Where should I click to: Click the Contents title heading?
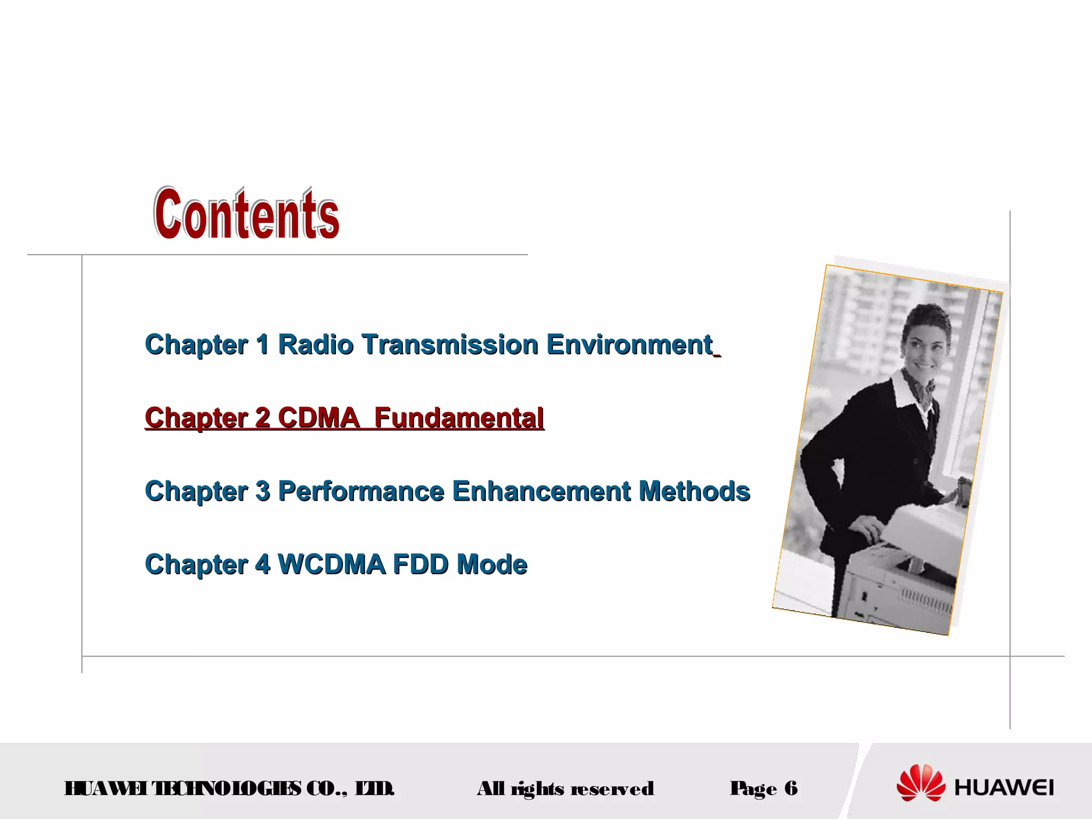[x=246, y=213]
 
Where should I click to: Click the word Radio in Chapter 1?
[x=316, y=344]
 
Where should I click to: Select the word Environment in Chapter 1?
[x=629, y=344]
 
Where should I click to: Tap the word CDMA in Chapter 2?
[x=318, y=417]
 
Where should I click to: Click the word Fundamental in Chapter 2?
[x=459, y=417]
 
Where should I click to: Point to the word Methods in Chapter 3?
[x=694, y=491]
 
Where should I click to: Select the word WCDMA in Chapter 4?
[x=331, y=564]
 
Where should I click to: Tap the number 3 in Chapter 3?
[x=262, y=491]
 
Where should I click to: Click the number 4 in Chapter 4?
[x=262, y=564]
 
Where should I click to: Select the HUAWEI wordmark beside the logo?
[x=1004, y=788]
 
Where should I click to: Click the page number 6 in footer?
[x=791, y=788]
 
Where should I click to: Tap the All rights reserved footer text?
[x=565, y=788]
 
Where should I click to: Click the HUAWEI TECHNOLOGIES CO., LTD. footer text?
[x=229, y=788]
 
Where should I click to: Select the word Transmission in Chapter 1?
[x=450, y=344]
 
